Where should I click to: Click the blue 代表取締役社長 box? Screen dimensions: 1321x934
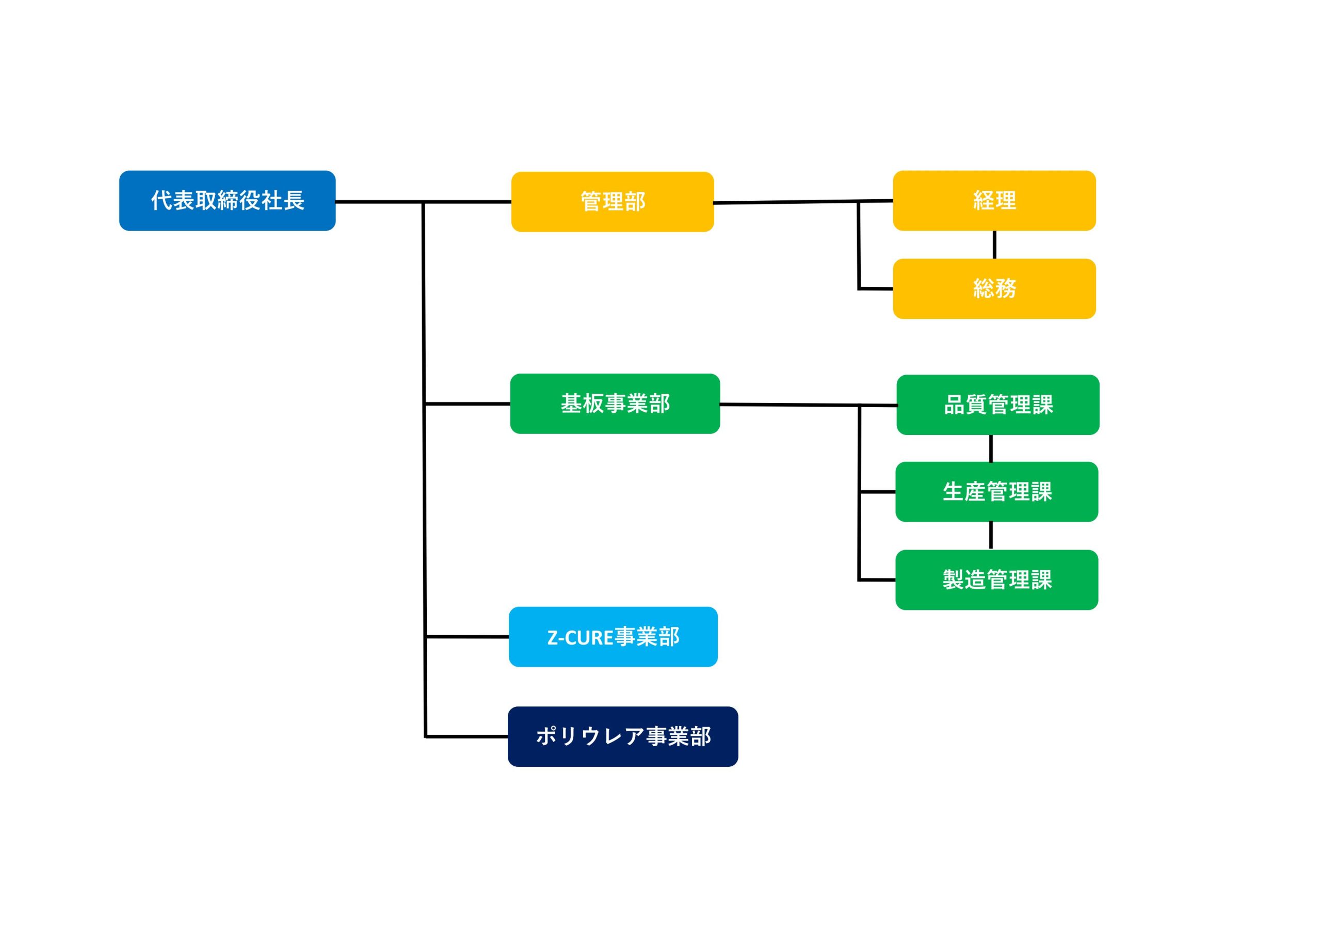227,200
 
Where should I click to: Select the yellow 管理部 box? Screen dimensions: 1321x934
612,201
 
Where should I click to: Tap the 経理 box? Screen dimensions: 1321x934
994,200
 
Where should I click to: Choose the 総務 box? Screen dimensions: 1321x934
994,288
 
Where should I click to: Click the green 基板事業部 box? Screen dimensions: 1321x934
615,404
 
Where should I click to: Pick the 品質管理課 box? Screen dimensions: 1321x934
997,405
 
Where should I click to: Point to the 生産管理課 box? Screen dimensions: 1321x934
996,491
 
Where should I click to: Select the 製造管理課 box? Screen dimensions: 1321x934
996,579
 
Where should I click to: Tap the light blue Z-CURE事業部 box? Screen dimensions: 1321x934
614,636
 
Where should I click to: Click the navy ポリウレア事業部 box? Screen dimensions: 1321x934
622,736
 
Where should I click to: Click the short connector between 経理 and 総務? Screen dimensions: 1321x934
994,245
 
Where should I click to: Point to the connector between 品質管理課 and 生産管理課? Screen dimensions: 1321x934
991,448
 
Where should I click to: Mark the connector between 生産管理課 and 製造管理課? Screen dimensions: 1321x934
991,536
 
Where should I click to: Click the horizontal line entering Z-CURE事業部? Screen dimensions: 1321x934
466,636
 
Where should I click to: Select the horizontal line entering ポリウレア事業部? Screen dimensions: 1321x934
466,736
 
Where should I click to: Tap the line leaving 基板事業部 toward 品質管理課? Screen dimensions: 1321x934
809,405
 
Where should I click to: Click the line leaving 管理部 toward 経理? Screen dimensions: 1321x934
803,202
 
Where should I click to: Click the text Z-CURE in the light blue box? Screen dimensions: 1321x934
580,638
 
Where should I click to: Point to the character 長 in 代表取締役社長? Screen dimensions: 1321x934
294,200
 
